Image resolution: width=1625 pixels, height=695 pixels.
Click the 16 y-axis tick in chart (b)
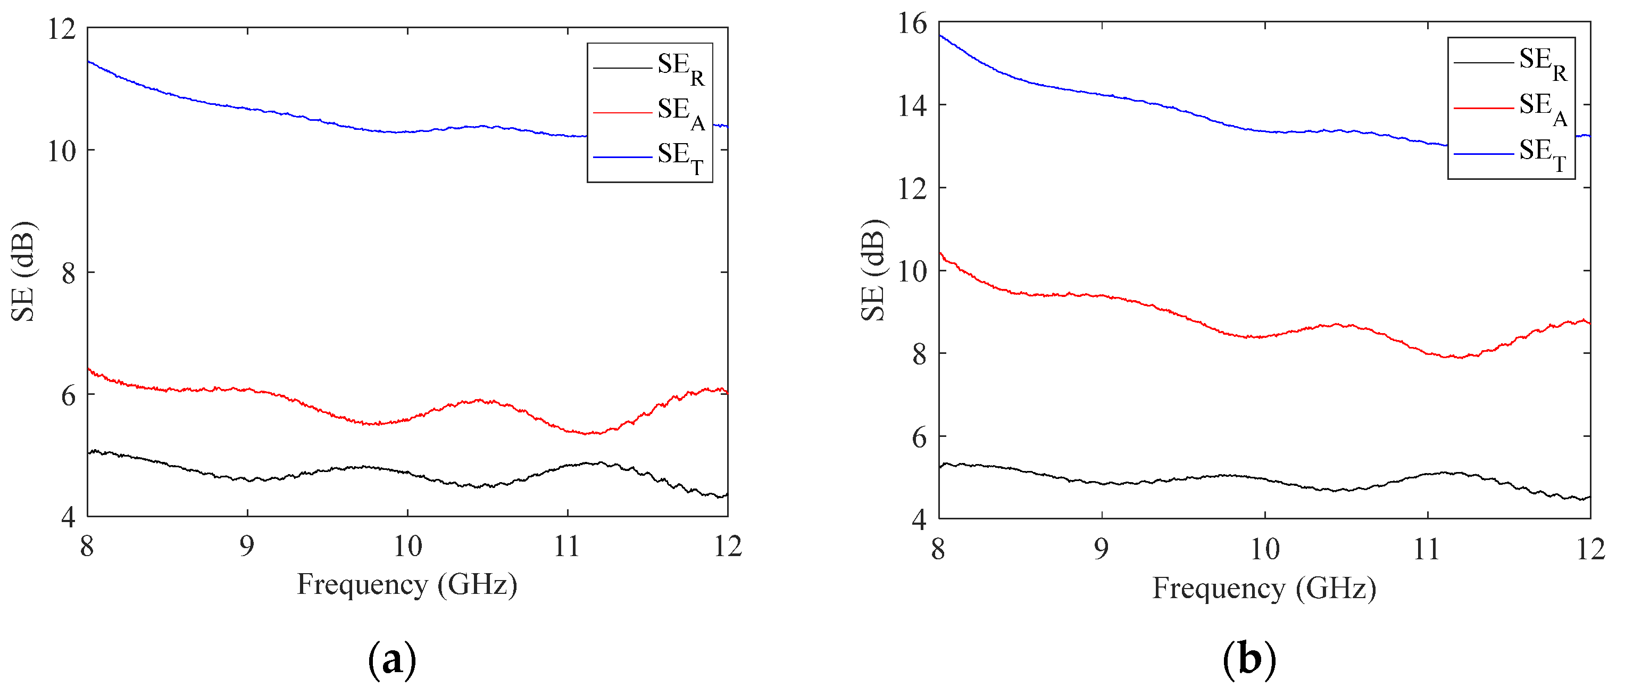[x=912, y=23]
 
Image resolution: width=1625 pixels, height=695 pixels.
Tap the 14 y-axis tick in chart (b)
[x=912, y=105]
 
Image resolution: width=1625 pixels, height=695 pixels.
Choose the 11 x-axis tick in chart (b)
[x=1427, y=550]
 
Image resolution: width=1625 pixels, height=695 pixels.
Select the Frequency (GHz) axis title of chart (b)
[x=1263, y=589]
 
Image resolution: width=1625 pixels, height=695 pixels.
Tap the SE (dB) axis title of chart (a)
[x=24, y=271]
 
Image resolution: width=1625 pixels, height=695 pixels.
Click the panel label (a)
[x=391, y=659]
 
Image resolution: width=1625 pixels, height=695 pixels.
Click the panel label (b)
[x=1249, y=659]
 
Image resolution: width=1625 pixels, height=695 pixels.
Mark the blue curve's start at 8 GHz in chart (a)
[x=88, y=61]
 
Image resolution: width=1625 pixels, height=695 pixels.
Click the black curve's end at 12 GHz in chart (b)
[x=1590, y=498]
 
